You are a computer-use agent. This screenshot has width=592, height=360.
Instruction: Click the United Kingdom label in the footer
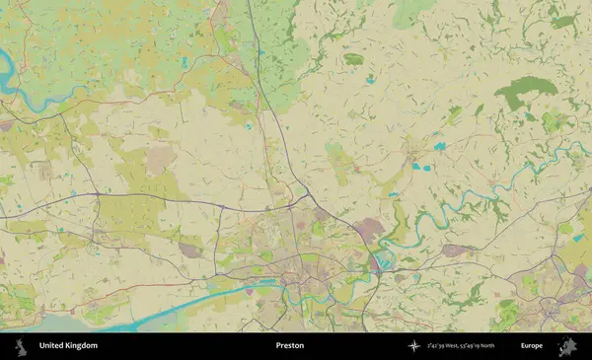pos(68,346)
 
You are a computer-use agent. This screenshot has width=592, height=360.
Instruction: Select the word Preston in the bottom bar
pos(289,346)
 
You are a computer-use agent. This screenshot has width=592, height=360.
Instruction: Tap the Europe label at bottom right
pos(532,346)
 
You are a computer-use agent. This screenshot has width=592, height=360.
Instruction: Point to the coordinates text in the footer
pos(461,346)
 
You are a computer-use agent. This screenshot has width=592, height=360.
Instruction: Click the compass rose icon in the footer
pos(413,346)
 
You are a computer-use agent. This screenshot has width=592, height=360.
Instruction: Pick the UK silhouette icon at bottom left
pos(20,346)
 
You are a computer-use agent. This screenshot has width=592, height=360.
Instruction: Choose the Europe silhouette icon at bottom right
pos(568,346)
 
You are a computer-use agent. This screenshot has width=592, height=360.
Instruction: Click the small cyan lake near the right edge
pos(577,237)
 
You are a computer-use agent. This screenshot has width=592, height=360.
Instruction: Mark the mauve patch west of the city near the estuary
pos(189,251)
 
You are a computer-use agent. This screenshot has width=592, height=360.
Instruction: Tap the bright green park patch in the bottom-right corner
pos(508,314)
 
